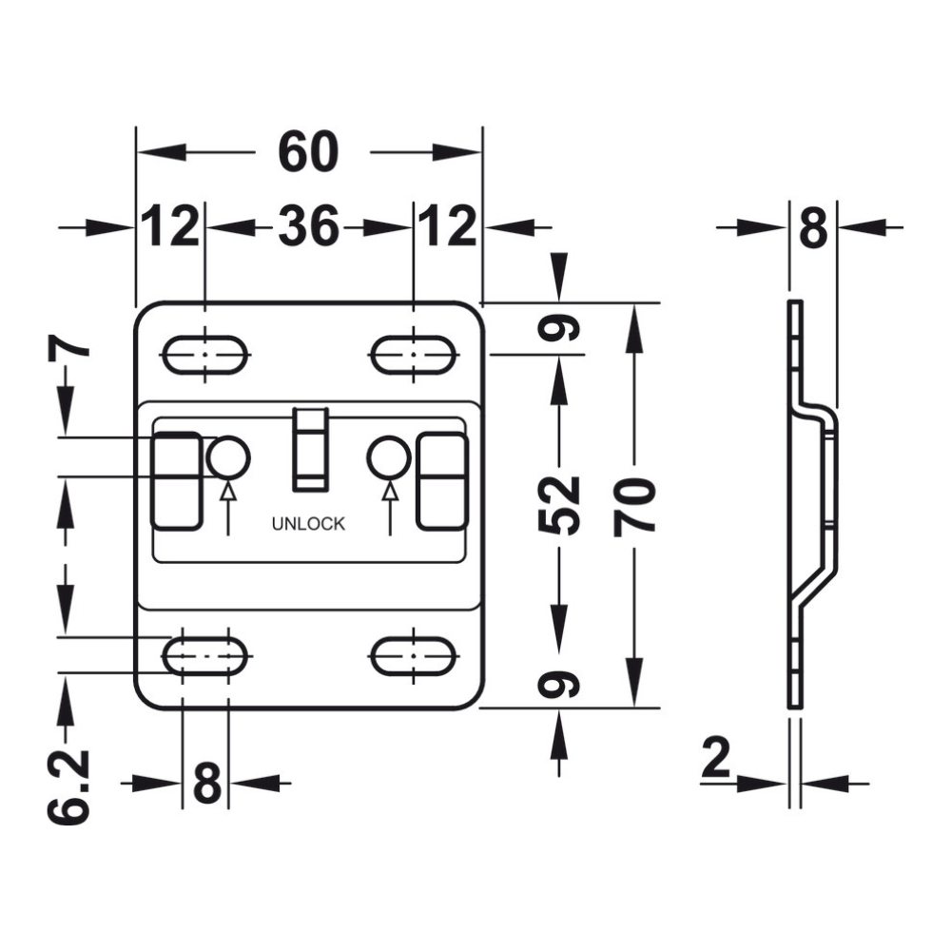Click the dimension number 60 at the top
tap(308, 151)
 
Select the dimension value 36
tap(308, 226)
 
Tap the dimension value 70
tap(634, 508)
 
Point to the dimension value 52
tap(559, 507)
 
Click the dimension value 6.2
tap(68, 787)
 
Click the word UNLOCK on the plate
tap(308, 523)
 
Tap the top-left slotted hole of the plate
tap(205, 355)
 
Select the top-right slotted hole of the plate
tap(413, 355)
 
